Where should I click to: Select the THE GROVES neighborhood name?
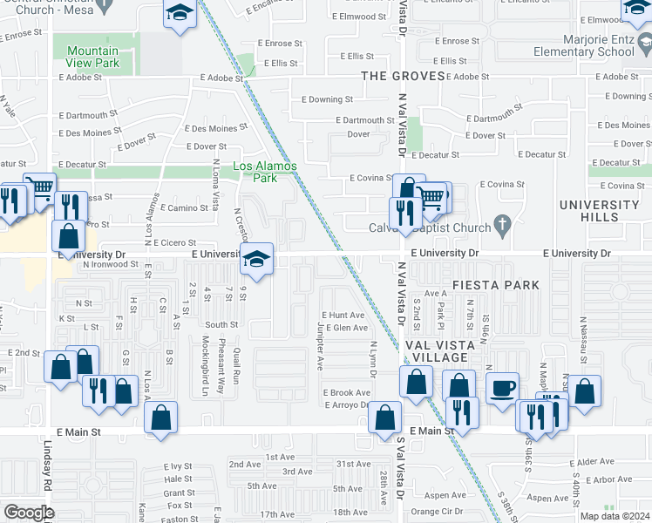404,77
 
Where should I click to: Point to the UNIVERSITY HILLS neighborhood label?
600,211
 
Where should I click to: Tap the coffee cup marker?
502,388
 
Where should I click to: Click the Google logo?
28,513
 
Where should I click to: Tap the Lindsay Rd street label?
47,462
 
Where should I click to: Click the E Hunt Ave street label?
343,315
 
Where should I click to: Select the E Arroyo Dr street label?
348,405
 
